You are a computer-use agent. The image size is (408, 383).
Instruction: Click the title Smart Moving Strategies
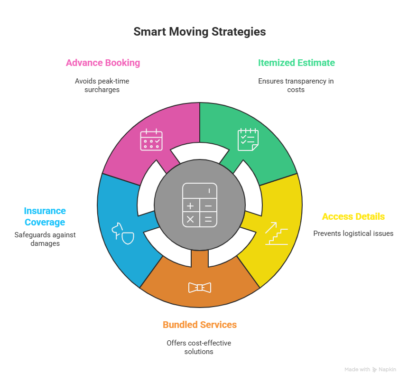pos(199,32)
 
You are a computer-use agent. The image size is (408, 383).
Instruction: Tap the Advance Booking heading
pos(103,63)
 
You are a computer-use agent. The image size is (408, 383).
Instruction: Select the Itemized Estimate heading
pos(296,63)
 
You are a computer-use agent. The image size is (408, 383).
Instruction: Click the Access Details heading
pos(353,216)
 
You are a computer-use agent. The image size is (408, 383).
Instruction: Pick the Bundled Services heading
pos(199,325)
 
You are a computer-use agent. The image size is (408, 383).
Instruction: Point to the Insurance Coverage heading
pos(45,216)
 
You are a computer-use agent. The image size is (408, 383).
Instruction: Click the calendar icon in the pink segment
pos(151,140)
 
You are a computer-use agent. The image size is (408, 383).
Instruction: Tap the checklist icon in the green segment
pos(248,140)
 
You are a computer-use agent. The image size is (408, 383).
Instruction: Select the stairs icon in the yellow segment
pos(277,233)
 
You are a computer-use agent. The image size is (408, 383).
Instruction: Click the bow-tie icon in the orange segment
pos(199,288)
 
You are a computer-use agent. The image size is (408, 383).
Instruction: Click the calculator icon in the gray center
pos(200,205)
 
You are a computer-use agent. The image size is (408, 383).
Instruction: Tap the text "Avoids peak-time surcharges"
pos(102,85)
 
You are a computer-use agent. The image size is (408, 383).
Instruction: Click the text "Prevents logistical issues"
pos(353,234)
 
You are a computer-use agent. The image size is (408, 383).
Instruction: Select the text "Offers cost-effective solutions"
pos(199,347)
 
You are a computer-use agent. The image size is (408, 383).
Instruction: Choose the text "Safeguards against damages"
pos(45,239)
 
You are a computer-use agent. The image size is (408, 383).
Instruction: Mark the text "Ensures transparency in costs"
pos(296,85)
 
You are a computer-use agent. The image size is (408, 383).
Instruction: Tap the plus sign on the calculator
pos(190,206)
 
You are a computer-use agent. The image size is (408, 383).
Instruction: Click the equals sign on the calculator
pos(208,219)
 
